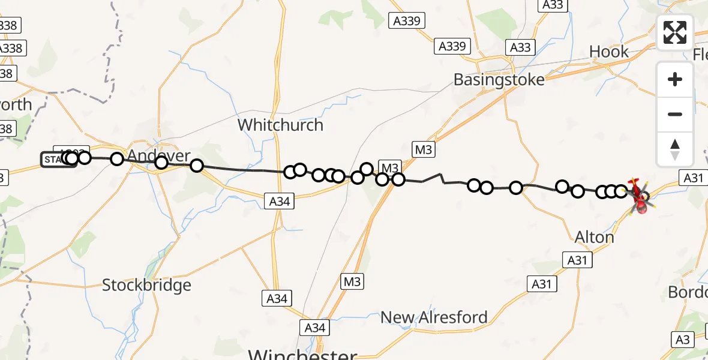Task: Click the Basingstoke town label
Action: coord(499,80)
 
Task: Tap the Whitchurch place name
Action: coord(280,125)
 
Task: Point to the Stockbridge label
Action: coord(146,285)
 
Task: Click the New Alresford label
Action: coord(434,317)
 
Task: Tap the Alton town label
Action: coord(594,237)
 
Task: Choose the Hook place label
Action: coord(609,52)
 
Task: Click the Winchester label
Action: coord(302,354)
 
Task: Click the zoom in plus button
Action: coord(675,79)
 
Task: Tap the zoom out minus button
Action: coord(675,114)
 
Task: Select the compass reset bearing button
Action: coord(675,149)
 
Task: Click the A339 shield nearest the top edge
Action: coord(406,21)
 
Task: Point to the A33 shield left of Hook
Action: coord(520,47)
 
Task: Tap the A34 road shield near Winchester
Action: coord(314,328)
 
